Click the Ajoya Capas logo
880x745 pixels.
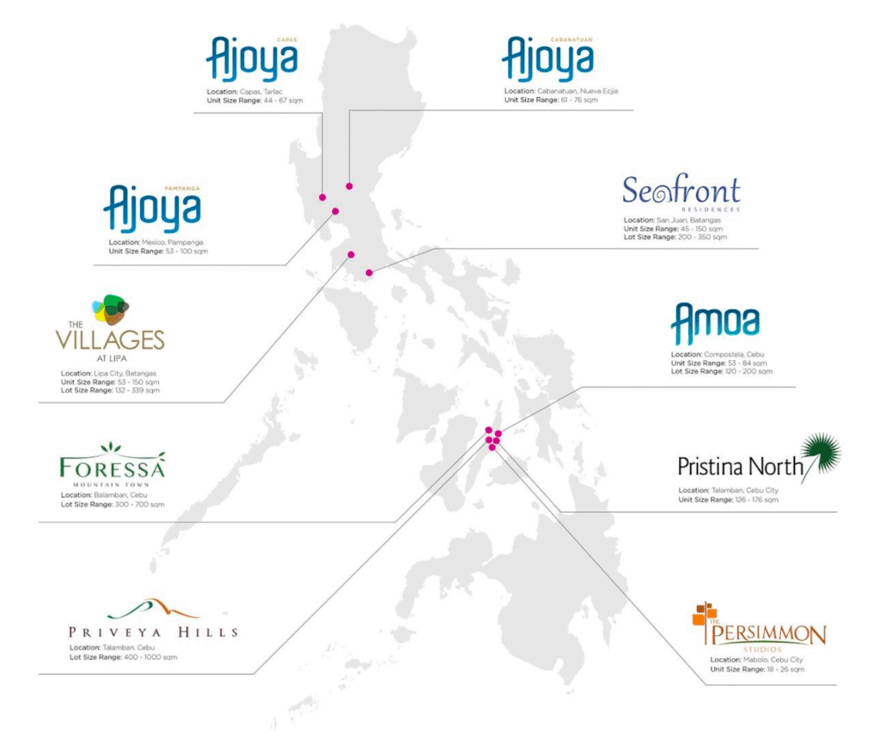click(252, 58)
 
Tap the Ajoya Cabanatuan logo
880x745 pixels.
click(547, 58)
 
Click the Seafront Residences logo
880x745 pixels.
click(681, 193)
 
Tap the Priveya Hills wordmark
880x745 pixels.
click(153, 632)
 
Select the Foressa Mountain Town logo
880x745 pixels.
click(112, 467)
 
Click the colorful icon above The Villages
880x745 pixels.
click(111, 308)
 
